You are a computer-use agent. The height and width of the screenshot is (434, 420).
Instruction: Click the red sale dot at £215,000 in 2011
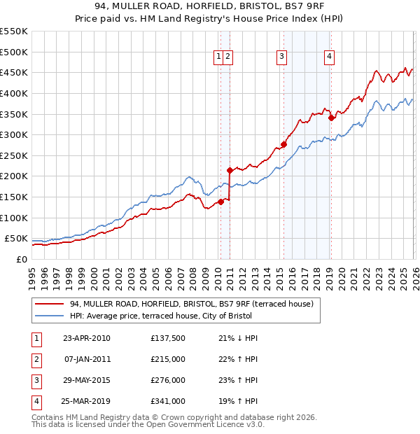click(x=230, y=169)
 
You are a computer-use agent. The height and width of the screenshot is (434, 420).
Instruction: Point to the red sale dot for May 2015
click(x=283, y=144)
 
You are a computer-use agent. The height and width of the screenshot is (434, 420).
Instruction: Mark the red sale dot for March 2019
click(x=331, y=118)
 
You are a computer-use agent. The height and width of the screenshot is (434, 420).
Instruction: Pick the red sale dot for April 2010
click(x=220, y=202)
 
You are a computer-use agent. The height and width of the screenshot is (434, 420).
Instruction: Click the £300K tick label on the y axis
click(x=14, y=134)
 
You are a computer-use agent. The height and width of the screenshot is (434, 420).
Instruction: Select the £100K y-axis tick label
click(x=14, y=218)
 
